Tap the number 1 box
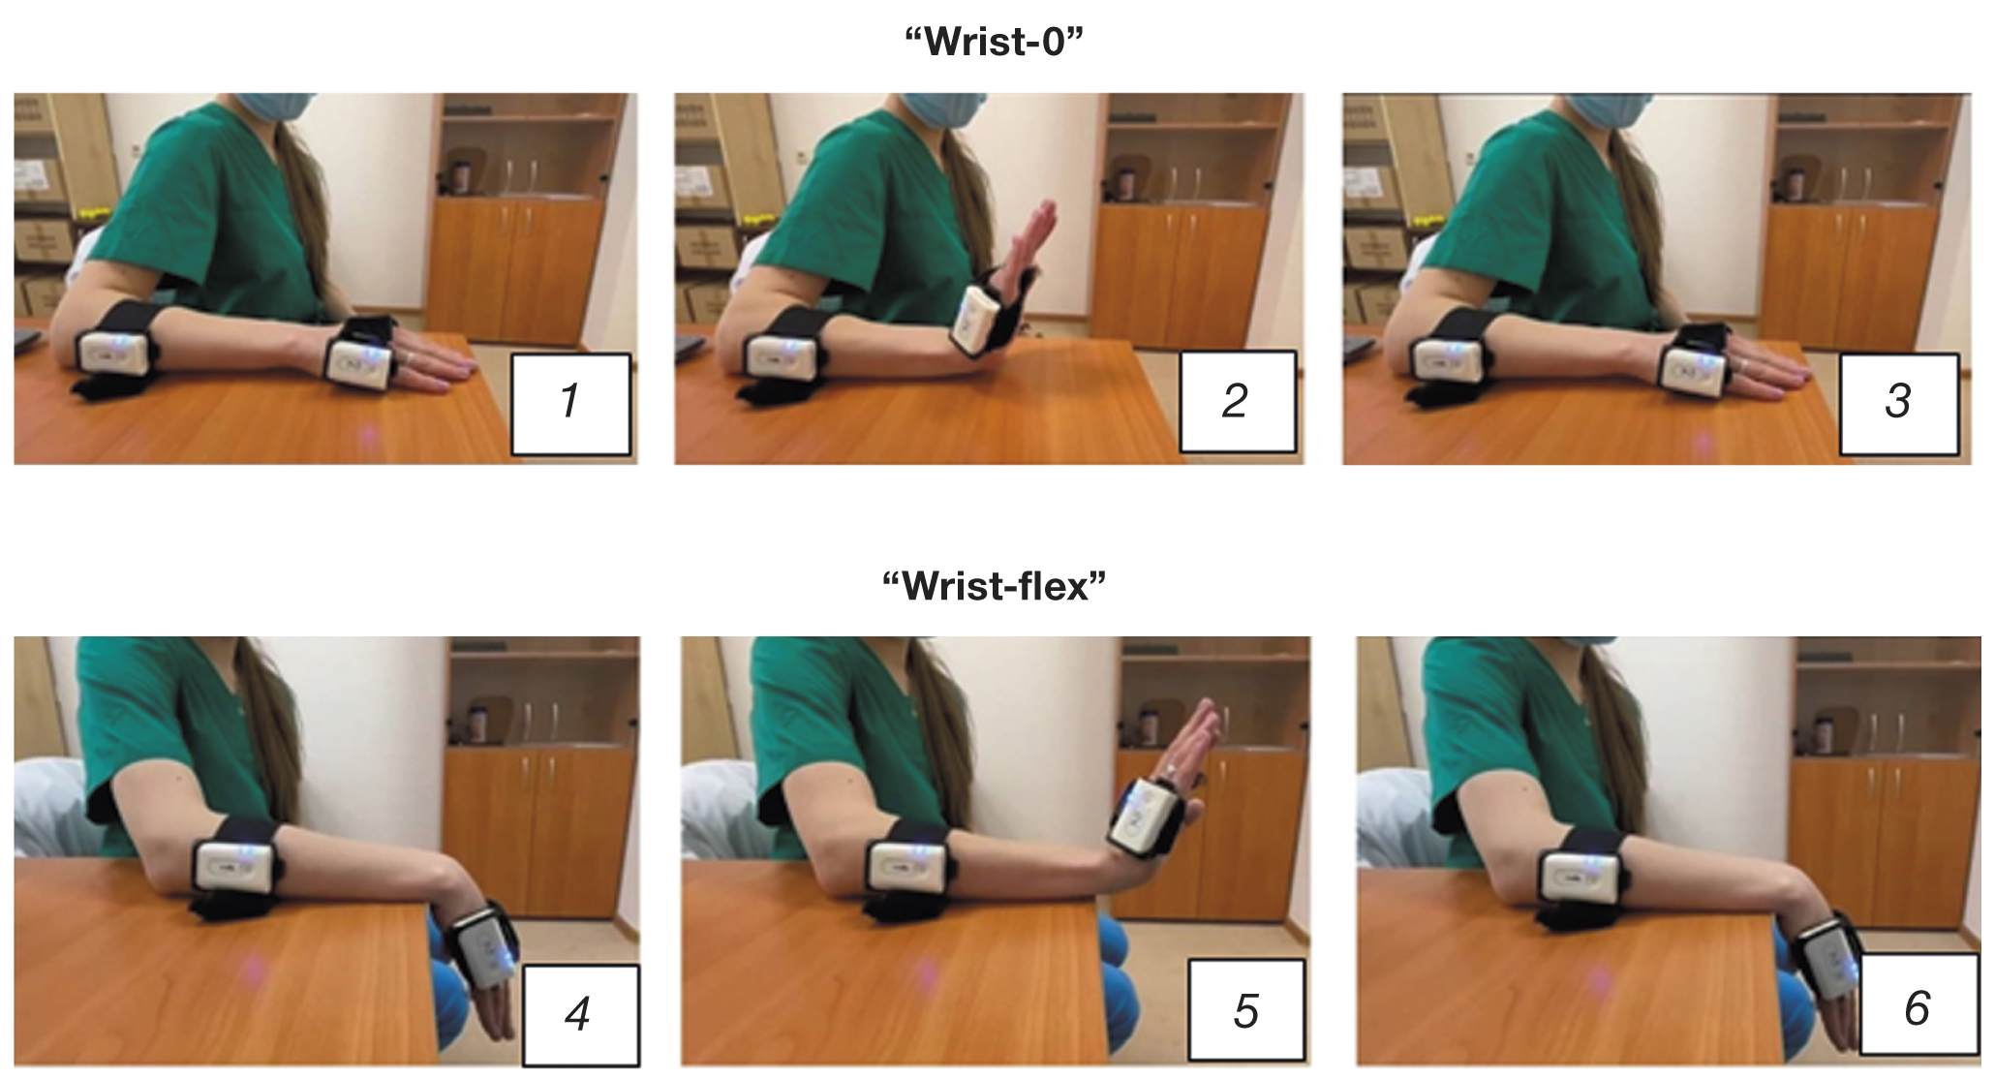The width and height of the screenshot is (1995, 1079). tap(570, 403)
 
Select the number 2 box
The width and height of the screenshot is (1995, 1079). tap(1237, 401)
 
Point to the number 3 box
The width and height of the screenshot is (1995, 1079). tap(1899, 403)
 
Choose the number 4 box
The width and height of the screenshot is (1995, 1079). tap(579, 1014)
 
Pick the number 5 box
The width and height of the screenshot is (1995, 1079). tap(1246, 1010)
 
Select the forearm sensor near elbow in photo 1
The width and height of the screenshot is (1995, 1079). tap(113, 353)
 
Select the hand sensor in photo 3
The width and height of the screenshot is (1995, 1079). tap(1695, 371)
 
